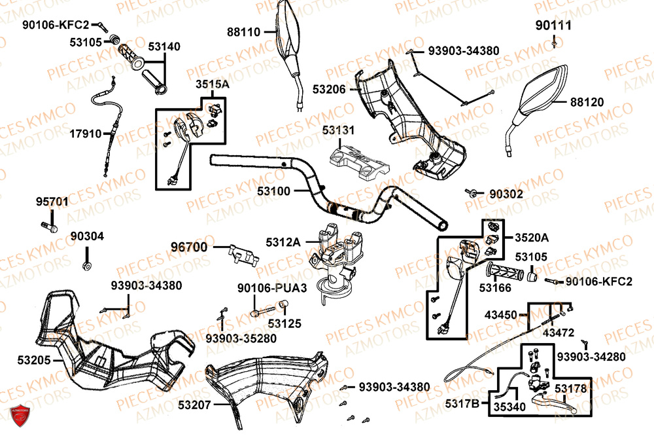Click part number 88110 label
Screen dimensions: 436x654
[x=243, y=31]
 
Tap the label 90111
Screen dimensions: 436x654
[x=553, y=26]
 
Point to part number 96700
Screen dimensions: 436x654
[x=189, y=247]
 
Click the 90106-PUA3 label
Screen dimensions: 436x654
[x=262, y=287]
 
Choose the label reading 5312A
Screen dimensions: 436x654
[x=283, y=242]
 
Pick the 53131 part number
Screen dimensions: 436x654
[x=338, y=130]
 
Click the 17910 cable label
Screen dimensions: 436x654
[x=86, y=134]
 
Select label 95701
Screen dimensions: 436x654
[x=52, y=202]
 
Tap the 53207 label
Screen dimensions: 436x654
[x=194, y=405]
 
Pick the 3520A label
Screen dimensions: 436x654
[x=532, y=237]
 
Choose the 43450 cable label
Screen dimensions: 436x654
[x=500, y=315]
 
